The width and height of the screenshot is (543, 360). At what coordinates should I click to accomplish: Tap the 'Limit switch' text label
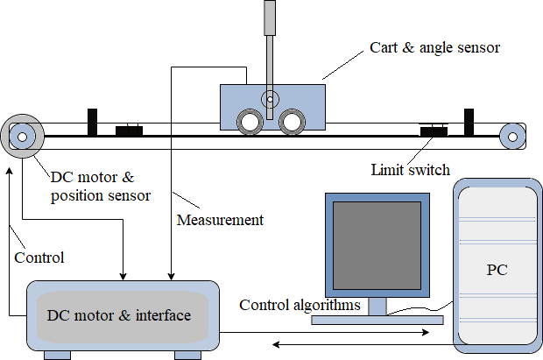[x=411, y=168]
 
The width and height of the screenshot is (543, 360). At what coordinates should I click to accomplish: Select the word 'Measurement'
[x=220, y=220]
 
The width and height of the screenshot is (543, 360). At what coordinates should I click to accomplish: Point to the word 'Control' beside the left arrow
[x=39, y=258]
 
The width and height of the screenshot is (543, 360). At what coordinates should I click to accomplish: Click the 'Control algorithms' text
[x=300, y=305]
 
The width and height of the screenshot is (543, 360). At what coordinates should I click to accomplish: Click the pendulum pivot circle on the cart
[x=271, y=99]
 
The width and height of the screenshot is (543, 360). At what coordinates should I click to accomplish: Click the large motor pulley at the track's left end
[x=22, y=136]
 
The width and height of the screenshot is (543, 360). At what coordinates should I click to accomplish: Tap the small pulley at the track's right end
[x=511, y=136]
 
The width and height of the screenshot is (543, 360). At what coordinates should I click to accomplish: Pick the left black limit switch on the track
[x=129, y=131]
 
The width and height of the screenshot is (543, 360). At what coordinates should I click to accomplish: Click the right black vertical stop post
[x=469, y=122]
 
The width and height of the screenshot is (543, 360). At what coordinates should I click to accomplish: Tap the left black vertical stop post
[x=92, y=122]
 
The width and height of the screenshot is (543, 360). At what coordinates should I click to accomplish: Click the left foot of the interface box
[x=58, y=354]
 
